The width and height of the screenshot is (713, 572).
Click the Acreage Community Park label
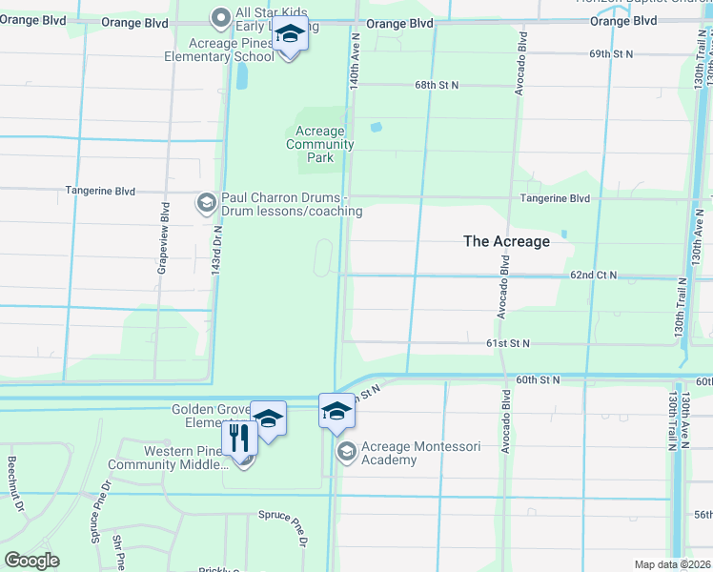click(320, 144)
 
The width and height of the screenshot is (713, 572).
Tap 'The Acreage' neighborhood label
click(506, 241)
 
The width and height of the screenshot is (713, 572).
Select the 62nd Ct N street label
click(593, 276)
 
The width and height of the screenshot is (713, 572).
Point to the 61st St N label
click(508, 342)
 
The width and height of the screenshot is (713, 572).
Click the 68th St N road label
click(437, 85)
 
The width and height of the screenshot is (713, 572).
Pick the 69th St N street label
click(611, 54)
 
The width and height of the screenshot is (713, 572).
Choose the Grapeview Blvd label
click(165, 238)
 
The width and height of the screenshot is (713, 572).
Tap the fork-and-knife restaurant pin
click(239, 439)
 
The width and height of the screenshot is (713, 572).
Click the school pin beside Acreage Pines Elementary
click(289, 37)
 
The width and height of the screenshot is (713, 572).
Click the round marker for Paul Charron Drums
click(206, 202)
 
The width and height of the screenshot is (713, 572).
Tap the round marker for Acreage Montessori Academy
click(346, 451)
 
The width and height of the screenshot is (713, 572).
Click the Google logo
click(31, 561)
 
